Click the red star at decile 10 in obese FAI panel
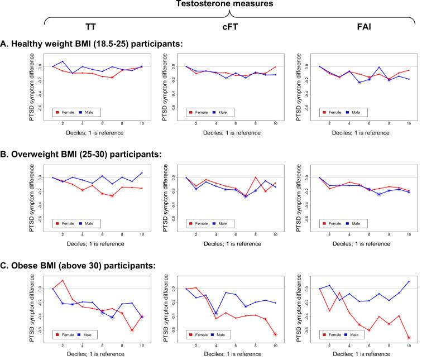(x=409, y=338)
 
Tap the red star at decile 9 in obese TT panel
(x=132, y=330)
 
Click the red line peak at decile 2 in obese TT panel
(x=63, y=280)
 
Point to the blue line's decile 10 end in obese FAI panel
(x=409, y=281)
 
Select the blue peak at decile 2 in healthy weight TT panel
(x=63, y=61)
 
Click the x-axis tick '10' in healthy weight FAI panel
(x=409, y=123)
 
